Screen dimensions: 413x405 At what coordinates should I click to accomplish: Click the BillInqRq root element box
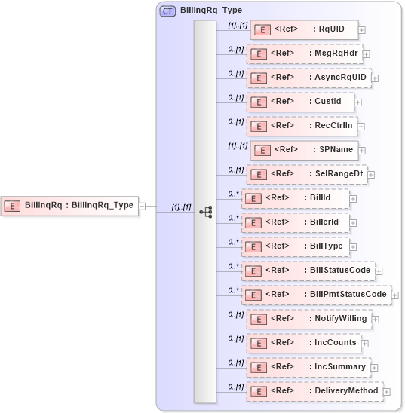71,205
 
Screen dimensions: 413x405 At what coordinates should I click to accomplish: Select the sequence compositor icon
205,212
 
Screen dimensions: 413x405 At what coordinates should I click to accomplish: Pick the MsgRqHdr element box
304,54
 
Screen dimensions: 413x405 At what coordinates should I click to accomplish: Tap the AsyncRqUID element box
308,78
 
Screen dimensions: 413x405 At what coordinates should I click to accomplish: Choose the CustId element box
299,102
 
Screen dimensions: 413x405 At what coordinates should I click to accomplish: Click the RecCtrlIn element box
301,126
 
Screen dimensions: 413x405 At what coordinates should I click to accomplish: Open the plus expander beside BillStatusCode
379,271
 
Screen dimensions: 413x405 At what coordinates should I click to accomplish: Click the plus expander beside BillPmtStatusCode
395,295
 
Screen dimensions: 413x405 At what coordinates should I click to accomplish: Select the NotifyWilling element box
308,319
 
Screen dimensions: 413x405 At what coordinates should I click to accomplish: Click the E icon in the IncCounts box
259,343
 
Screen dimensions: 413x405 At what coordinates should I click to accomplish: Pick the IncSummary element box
308,367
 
